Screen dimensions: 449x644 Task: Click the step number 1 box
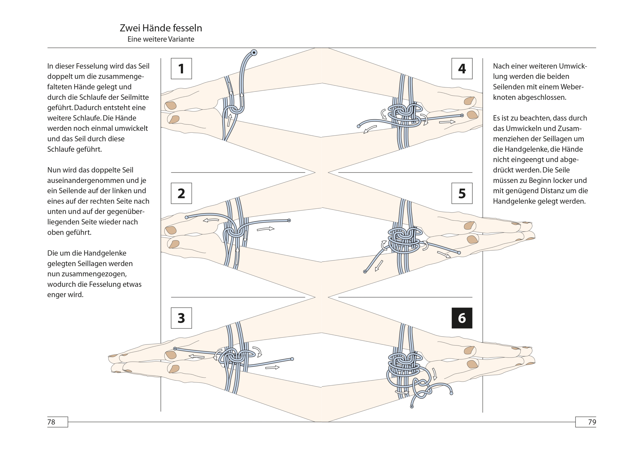[x=181, y=68]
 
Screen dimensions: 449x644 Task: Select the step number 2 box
[x=181, y=193]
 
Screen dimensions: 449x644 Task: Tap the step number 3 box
[x=181, y=318]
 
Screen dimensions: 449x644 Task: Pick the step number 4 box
[x=462, y=68]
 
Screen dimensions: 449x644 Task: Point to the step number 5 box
[x=462, y=193]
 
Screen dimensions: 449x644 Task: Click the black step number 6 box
[x=462, y=318]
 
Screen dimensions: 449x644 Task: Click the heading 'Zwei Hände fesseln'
[x=161, y=28]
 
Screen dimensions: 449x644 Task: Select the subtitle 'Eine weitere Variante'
[x=161, y=39]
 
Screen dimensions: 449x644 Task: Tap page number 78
[x=52, y=422]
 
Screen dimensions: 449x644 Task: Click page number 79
[x=592, y=422]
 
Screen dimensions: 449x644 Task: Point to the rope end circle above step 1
[x=254, y=53]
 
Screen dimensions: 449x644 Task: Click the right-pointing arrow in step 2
[x=265, y=229]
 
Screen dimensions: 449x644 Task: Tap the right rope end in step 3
[x=292, y=359]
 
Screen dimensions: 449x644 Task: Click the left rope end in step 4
[x=358, y=126]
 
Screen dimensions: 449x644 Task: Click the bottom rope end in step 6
[x=412, y=407]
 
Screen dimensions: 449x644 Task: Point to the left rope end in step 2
[x=186, y=217]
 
